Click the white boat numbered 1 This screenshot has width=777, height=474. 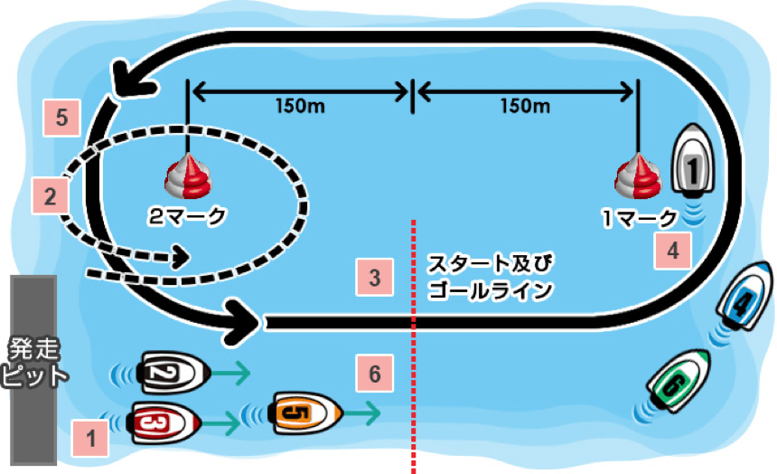(x=693, y=159)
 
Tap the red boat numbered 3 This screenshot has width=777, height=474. (x=164, y=423)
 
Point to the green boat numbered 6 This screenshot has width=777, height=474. (x=679, y=380)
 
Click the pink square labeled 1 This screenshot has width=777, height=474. (x=90, y=438)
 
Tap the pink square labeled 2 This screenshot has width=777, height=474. (x=50, y=196)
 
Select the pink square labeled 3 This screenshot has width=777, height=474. (x=375, y=278)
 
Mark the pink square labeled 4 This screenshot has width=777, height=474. (x=673, y=251)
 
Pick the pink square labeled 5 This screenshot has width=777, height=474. (x=62, y=118)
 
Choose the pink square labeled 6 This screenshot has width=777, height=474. (x=375, y=374)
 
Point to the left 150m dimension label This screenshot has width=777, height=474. (x=300, y=106)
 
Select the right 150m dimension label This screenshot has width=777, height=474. (x=525, y=106)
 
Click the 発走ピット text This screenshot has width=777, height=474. (x=33, y=363)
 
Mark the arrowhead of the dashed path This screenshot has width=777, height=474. (x=182, y=257)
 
